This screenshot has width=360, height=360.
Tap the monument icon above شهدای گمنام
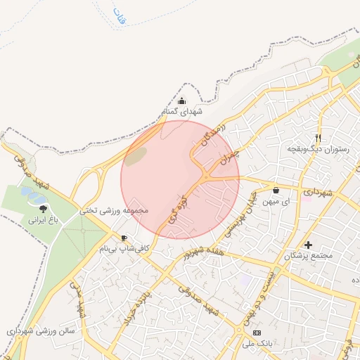pos(182,101)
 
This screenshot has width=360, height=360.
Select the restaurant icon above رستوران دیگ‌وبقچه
pos(318,139)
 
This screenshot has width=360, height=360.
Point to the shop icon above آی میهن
pos(275,191)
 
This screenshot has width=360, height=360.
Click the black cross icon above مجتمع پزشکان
pos(308,245)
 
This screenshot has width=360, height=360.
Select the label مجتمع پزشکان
pos(307,256)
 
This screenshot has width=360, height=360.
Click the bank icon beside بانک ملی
pos(257,332)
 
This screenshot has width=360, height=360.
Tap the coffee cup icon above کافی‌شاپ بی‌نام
pos(124,238)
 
